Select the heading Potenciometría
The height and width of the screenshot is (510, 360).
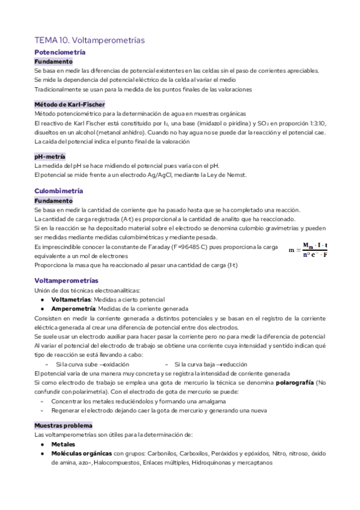coord(59,53)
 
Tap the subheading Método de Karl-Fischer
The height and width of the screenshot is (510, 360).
coord(70,104)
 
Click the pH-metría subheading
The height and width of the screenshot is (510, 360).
coord(50,156)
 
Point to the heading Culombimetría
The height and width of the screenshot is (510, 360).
coord(59,191)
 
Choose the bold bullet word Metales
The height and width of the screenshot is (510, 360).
coord(63,444)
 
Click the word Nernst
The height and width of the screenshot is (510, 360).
coord(236,175)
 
